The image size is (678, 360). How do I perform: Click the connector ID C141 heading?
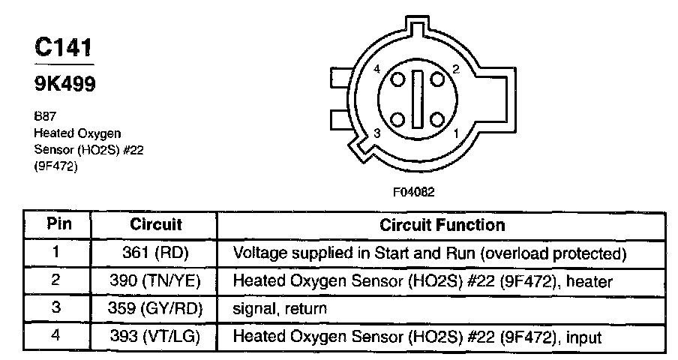pos(64,49)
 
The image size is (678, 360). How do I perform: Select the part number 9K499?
pos(65,85)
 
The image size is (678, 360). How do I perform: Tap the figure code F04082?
pos(413,191)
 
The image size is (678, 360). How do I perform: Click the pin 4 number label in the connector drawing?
pos(376,70)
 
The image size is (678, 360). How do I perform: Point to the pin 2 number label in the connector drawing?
pos(455,70)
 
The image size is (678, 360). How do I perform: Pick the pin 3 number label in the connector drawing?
pos(376,132)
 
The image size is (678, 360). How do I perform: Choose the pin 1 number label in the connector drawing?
pos(455,133)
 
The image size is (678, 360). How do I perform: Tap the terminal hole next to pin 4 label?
pos(397,79)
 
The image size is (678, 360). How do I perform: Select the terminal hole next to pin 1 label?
pos(436,120)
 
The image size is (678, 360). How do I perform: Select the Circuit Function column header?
pos(442,224)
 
